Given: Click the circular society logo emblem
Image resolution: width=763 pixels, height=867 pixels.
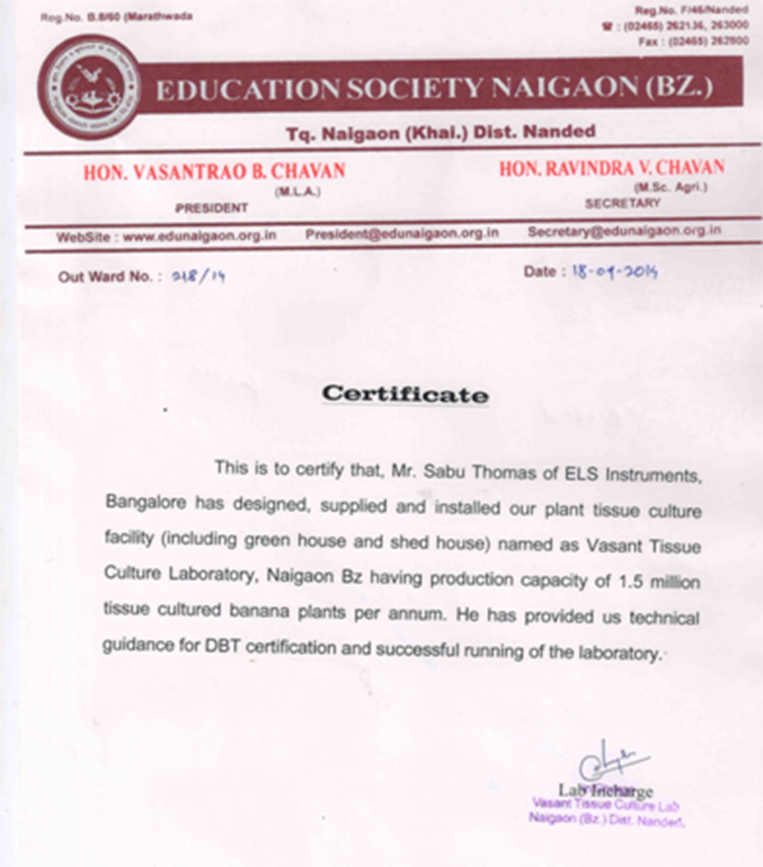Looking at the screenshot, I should (x=90, y=88).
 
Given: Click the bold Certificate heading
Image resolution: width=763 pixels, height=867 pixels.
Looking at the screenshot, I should (x=405, y=394).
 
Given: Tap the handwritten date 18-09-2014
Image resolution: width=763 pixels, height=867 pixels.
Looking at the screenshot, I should (x=614, y=272).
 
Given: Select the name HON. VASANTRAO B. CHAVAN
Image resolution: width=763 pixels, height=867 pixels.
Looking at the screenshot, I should (x=214, y=172).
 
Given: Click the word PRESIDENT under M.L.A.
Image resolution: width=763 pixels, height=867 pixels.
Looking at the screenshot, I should (x=211, y=208).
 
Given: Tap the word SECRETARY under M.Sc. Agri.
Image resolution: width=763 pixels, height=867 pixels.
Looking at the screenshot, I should (x=622, y=204).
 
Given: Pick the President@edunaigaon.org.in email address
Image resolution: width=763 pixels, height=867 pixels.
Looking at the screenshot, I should (x=402, y=233).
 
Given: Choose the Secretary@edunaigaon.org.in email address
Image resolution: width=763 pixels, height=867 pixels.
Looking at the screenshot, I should (x=624, y=231).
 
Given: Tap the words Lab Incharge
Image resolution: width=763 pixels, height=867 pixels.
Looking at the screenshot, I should (x=605, y=791).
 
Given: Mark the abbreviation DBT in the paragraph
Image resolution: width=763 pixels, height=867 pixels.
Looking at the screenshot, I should (x=223, y=646).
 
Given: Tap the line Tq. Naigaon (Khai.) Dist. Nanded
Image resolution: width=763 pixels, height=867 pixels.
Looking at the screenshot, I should (x=440, y=133).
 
